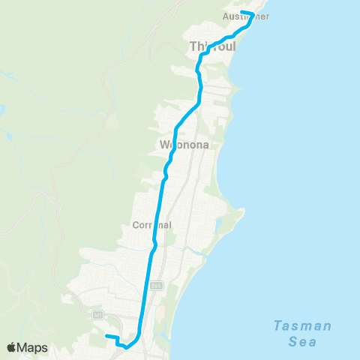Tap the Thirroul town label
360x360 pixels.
[213, 46]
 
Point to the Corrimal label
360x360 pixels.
[152, 224]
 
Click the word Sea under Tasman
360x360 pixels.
[302, 341]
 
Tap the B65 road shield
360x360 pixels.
[156, 285]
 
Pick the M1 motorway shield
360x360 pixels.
[97, 315]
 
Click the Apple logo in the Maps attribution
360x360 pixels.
[12, 347]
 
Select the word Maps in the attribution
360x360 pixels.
[34, 347]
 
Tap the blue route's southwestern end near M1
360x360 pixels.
[106, 335]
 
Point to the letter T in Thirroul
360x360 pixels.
[193, 46]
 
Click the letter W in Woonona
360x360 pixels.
[163, 144]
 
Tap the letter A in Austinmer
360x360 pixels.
[226, 16]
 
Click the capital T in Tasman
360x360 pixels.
[277, 325]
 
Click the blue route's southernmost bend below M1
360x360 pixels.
[126, 346]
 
